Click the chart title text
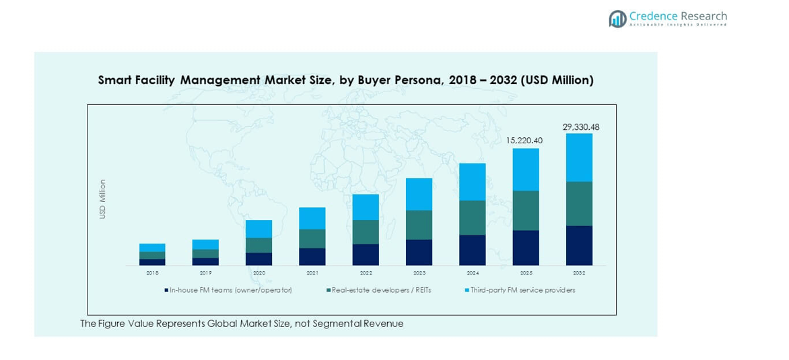click(345, 80)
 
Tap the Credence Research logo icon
click(617, 19)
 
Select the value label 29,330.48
click(580, 127)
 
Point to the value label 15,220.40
click(524, 141)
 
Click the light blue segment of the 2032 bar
click(579, 157)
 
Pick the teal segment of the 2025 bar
click(526, 211)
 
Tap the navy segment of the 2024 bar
click(472, 250)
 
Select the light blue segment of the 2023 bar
click(419, 194)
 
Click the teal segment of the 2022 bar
click(366, 232)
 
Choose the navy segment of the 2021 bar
click(312, 256)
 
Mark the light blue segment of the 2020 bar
click(259, 229)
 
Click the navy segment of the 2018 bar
click(152, 262)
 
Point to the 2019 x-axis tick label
click(205, 273)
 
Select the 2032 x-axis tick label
click(579, 273)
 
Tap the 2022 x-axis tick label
click(366, 273)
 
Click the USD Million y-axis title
click(103, 199)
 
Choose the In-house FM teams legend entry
click(228, 290)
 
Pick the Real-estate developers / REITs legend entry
click(379, 290)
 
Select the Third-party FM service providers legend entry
click(520, 290)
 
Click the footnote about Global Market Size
click(242, 324)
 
